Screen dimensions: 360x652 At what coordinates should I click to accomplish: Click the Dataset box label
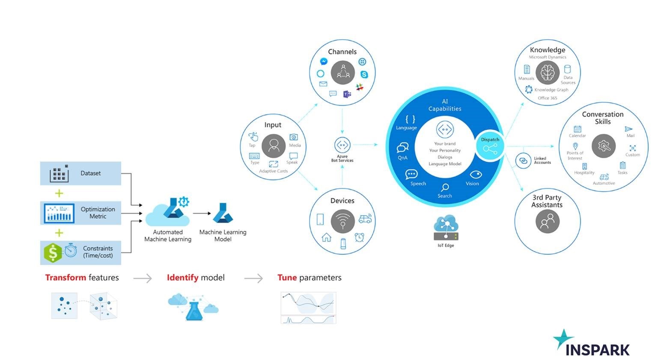[x=90, y=173]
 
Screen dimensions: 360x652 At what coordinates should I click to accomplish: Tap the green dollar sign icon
[x=53, y=253]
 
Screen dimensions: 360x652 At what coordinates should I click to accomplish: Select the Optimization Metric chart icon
[x=59, y=213]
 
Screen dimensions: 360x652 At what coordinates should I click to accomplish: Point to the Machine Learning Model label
[x=223, y=235]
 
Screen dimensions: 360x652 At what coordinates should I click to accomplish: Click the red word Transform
[x=65, y=277]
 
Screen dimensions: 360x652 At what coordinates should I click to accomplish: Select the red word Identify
[x=182, y=277]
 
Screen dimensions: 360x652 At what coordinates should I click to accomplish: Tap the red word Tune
[x=287, y=277]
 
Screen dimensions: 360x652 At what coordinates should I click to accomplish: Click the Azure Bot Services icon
[x=342, y=145]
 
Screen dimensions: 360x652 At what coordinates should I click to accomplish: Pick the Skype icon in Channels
[x=364, y=74]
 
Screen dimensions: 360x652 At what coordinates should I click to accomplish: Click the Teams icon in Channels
[x=347, y=94]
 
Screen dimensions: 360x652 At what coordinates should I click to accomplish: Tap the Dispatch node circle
[x=490, y=146]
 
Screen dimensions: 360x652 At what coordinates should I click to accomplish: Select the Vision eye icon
[x=476, y=174]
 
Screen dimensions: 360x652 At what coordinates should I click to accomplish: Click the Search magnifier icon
[x=445, y=187]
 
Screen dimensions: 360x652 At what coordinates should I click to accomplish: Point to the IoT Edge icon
[x=446, y=228]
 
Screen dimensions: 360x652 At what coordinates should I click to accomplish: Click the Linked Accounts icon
[x=523, y=161]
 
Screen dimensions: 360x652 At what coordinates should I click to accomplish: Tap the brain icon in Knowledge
[x=547, y=72]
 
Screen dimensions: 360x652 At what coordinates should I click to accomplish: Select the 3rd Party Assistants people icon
[x=547, y=221]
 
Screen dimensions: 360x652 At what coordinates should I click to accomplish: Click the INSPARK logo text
[x=597, y=350]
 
